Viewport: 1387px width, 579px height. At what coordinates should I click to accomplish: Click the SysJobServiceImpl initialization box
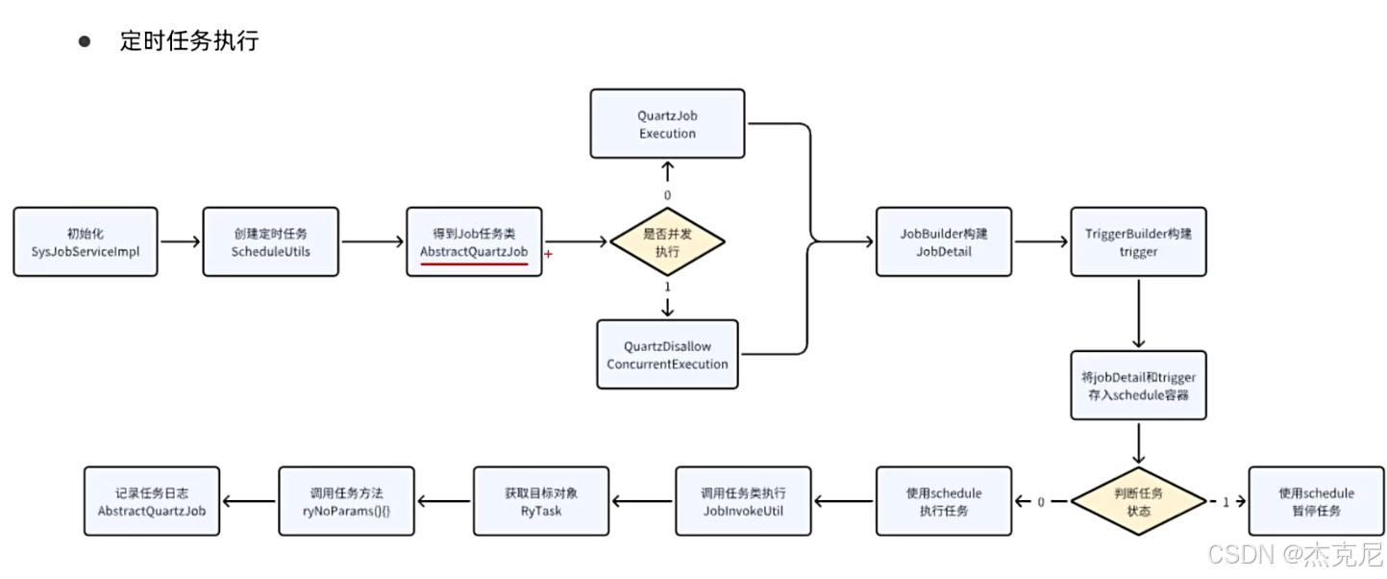[x=85, y=241]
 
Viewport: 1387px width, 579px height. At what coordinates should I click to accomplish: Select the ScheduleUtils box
[x=271, y=241]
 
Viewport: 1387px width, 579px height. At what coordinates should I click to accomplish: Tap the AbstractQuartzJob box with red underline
[x=474, y=241]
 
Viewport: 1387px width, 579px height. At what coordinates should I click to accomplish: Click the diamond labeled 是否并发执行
[x=667, y=241]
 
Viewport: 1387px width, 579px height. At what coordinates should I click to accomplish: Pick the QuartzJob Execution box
[x=667, y=124]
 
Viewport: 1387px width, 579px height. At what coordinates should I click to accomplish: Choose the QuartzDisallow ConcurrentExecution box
[x=667, y=354]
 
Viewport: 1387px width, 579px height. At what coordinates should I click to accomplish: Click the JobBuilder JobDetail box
[x=943, y=241]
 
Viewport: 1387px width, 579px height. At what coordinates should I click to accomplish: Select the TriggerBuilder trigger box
[x=1138, y=241]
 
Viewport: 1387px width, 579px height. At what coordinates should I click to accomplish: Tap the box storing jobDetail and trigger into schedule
[x=1138, y=385]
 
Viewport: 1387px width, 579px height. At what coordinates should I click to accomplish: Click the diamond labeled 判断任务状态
[x=1138, y=501]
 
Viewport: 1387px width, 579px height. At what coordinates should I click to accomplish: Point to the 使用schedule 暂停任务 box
[x=1316, y=501]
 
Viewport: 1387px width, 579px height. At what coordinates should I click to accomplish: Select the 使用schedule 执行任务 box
[x=943, y=501]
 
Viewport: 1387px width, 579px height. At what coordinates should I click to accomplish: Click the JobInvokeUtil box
[x=743, y=501]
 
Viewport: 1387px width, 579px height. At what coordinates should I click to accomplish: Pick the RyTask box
[x=540, y=501]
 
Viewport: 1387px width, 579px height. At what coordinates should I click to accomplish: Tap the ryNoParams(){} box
[x=346, y=501]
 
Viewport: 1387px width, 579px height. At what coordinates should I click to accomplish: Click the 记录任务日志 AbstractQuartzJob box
[x=152, y=501]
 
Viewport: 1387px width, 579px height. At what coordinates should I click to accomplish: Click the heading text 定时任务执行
[x=188, y=41]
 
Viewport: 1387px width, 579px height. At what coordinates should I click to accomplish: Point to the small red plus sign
[x=548, y=254]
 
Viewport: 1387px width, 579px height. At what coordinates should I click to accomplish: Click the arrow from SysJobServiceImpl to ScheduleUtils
[x=180, y=242]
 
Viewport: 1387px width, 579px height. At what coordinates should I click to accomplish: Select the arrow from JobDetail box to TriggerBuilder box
[x=1041, y=242]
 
